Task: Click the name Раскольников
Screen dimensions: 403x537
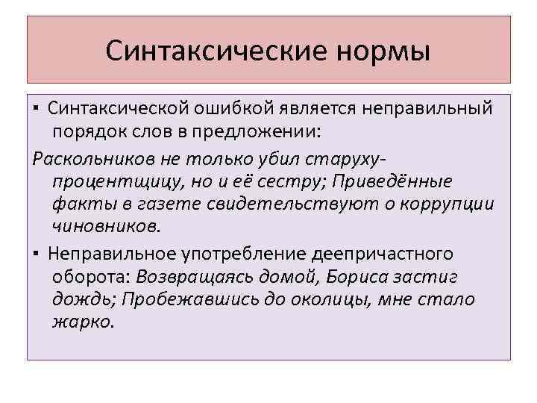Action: click(89, 161)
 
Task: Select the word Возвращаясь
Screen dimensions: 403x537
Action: click(196, 277)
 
